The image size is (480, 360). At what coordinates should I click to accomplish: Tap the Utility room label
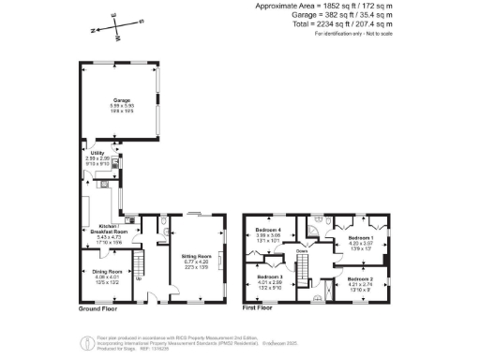pos(97,152)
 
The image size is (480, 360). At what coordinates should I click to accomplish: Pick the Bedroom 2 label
pos(361,279)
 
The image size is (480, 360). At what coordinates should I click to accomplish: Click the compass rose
pos(115,27)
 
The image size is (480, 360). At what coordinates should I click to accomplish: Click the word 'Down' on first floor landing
pos(303,251)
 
